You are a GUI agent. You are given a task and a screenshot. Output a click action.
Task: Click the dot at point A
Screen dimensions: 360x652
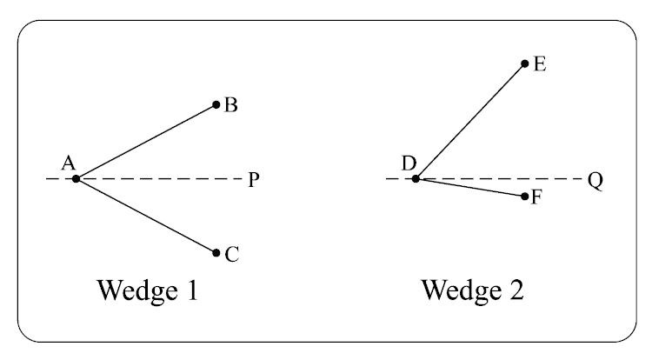tap(77, 178)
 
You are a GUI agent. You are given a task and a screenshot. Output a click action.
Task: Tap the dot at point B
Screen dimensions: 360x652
tap(216, 105)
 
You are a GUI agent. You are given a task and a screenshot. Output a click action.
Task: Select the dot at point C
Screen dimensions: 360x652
tap(216, 252)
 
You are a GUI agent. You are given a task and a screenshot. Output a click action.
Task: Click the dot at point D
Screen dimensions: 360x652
tap(416, 178)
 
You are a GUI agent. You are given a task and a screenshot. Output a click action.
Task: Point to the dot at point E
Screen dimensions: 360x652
tap(524, 63)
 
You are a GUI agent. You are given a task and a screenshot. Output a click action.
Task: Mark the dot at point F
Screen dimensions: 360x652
tap(524, 197)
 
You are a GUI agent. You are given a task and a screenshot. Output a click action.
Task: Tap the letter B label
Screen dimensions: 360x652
tap(231, 106)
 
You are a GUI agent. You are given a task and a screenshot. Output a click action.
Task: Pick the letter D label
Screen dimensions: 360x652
tap(409, 162)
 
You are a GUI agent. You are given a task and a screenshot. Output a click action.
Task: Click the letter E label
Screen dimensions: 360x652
tap(539, 63)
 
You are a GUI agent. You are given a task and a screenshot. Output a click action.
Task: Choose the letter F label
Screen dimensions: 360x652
tap(536, 198)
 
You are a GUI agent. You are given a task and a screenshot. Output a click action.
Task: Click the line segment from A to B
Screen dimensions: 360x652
tap(146, 142)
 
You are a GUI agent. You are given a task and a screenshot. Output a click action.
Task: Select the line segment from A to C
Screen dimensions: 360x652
tap(146, 216)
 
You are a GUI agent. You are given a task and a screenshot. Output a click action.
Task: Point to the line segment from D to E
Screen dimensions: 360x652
tap(469, 121)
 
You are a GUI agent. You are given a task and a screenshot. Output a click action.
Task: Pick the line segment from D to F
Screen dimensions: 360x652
tap(469, 188)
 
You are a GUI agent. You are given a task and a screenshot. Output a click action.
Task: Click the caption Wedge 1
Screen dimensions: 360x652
tap(147, 290)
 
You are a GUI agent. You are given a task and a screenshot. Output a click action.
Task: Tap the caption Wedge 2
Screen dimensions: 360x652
tap(473, 290)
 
